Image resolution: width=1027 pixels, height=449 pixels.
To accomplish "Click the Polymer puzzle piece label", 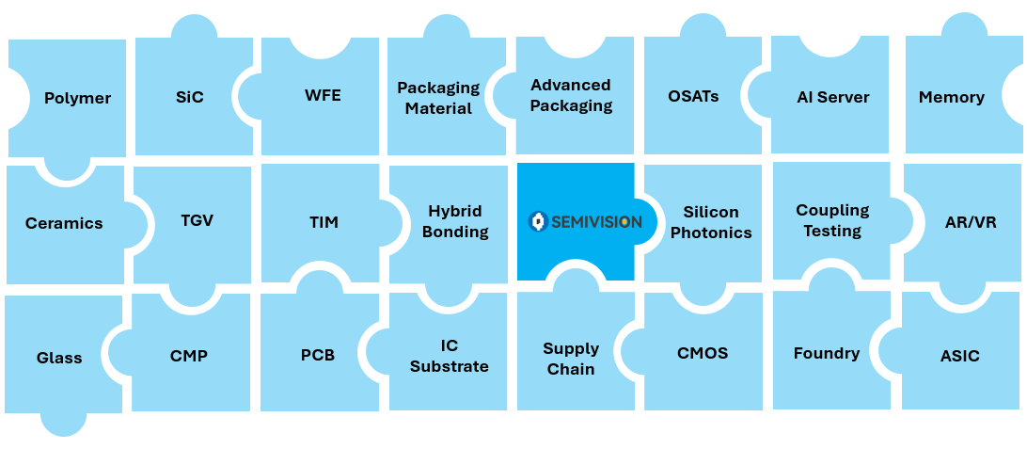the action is [77, 98].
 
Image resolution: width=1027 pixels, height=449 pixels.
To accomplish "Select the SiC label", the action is [190, 97].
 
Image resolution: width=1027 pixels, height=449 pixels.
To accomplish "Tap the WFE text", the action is [323, 96].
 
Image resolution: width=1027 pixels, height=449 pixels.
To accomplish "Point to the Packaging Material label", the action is [439, 98].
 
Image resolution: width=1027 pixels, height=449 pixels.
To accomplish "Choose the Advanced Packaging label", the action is [571, 95].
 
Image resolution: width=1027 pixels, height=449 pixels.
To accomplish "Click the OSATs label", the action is [694, 96].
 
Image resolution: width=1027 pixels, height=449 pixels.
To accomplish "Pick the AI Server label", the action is [833, 97].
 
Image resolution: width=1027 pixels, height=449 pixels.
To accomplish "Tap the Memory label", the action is [952, 98].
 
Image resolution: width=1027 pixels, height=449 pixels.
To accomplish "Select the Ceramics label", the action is [64, 223].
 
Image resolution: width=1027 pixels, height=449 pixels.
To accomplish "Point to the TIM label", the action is [324, 222].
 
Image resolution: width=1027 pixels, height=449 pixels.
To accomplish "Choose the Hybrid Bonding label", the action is [455, 221].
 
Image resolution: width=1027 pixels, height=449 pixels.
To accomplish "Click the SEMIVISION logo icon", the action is [538, 221].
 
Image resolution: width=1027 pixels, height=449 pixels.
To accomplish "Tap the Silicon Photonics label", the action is [711, 222].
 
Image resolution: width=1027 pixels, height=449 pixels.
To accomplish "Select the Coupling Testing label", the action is [832, 220].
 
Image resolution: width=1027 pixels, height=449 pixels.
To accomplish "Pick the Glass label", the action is [59, 358].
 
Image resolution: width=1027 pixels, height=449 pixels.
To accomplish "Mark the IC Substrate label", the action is [450, 356].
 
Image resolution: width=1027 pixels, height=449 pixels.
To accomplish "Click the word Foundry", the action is [827, 354].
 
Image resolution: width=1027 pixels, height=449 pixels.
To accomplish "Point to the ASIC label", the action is [960, 357].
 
